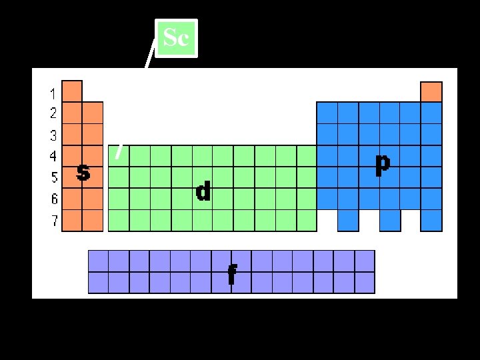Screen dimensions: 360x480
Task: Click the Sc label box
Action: [176, 38]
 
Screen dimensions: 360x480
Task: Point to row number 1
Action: [53, 93]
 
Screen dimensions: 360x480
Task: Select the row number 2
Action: [53, 113]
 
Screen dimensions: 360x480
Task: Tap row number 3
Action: [53, 135]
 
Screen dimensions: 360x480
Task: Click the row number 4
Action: [53, 157]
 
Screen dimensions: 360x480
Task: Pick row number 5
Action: [53, 178]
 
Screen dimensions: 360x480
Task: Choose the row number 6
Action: [53, 199]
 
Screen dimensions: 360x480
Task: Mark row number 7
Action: [53, 221]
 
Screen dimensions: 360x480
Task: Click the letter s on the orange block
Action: [83, 173]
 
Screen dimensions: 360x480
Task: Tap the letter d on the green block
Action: [203, 192]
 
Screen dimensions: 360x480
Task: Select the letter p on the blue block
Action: [382, 164]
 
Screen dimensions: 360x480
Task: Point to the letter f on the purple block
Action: [231, 274]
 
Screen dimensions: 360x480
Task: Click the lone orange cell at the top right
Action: [431, 91]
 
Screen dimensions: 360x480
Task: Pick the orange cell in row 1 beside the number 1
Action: [72, 91]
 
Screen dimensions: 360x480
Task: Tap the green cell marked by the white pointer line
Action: [118, 155]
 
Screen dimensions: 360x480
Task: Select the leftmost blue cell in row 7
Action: [348, 220]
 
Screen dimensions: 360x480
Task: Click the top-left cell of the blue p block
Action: [327, 112]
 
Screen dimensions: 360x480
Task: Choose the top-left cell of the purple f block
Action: [98, 261]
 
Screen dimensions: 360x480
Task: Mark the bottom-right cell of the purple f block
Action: [365, 283]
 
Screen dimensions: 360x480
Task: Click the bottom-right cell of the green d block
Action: [306, 220]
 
